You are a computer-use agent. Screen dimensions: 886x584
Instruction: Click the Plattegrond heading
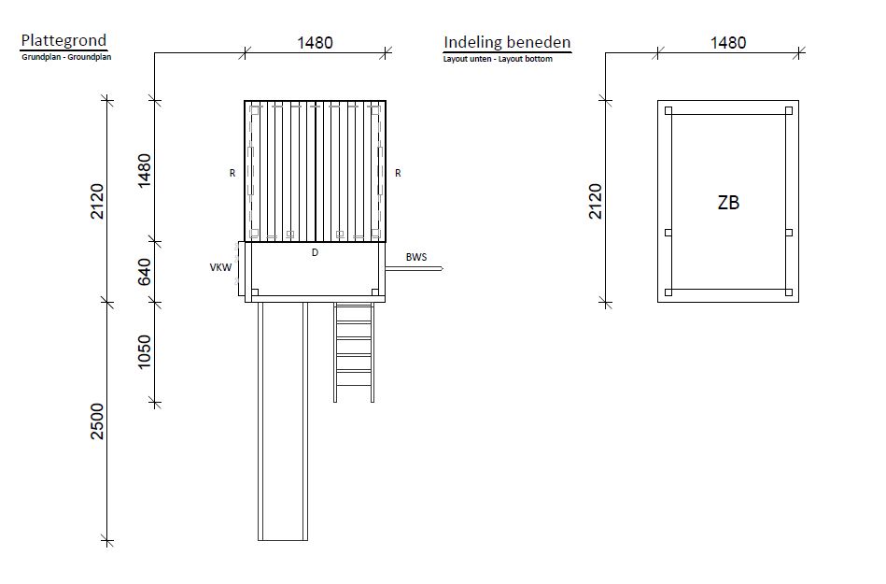coord(63,41)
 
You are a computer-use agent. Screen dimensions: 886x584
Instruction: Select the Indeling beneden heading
coord(507,42)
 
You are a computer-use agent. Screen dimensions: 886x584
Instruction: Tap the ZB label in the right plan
coord(728,203)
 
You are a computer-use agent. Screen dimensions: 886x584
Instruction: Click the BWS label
coord(415,257)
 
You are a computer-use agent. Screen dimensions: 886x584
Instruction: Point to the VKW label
coord(220,267)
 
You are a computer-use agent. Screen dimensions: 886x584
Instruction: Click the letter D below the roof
coord(315,252)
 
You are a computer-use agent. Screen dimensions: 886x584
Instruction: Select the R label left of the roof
coord(232,173)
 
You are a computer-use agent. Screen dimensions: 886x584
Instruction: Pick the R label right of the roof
coord(398,173)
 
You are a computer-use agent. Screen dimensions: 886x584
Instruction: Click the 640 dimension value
coord(145,272)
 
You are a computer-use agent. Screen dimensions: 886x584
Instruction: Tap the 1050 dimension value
coord(145,351)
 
